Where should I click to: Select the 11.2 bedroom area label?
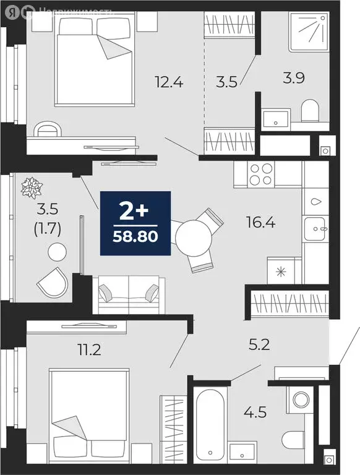click(88, 351)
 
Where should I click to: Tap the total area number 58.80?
click(135, 236)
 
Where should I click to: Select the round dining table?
click(192, 236)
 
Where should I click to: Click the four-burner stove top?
click(260, 173)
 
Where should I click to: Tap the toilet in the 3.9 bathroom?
click(309, 113)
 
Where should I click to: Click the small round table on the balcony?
click(57, 252)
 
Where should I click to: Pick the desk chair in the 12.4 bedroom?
click(48, 129)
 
